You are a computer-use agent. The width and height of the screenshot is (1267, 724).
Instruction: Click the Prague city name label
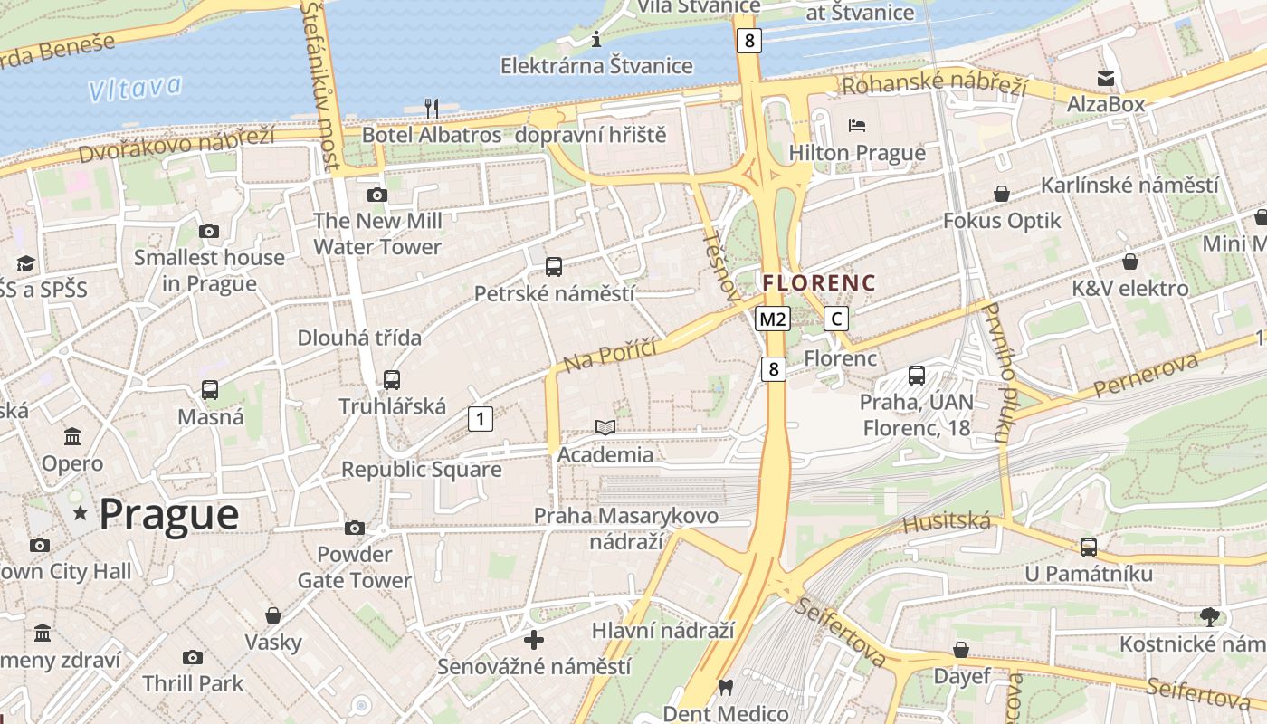[168, 514]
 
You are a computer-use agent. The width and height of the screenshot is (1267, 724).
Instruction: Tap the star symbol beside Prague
[81, 513]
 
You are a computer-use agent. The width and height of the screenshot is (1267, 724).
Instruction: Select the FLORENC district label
[819, 283]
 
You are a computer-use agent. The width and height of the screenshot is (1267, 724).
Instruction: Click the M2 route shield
[773, 319]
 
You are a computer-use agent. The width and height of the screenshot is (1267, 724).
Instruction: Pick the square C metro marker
[836, 319]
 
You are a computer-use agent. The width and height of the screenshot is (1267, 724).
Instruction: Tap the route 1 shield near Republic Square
[480, 418]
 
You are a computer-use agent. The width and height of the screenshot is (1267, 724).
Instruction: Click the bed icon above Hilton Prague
[857, 125]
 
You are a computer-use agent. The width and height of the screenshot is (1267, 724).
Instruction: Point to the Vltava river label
[135, 89]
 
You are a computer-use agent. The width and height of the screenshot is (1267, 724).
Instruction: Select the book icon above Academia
[605, 427]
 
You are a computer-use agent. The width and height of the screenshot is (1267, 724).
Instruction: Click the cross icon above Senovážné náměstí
[534, 640]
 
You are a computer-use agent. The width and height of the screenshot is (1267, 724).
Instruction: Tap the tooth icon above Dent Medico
[724, 687]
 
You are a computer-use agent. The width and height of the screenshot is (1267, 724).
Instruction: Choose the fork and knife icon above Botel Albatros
[432, 108]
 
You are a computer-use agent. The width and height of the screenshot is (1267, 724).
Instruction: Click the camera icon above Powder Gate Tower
[355, 528]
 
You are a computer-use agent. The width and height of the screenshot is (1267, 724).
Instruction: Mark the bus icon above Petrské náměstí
[554, 266]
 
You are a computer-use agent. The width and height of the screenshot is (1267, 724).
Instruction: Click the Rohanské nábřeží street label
[934, 85]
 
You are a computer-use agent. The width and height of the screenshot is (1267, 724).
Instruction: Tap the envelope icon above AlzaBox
[1106, 78]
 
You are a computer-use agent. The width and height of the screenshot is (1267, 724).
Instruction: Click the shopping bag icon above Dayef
[961, 649]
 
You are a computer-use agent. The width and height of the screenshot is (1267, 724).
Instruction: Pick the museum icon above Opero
[72, 437]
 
